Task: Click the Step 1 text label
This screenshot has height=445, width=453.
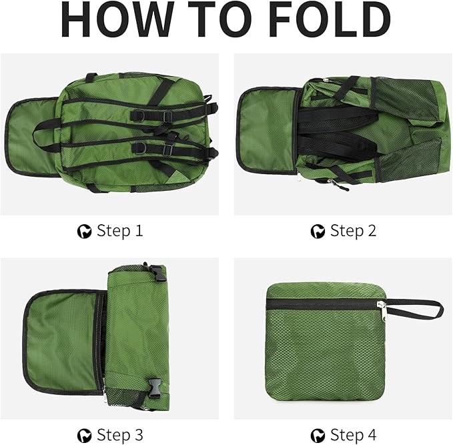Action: (x=120, y=231)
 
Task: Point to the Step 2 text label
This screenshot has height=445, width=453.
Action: (x=353, y=231)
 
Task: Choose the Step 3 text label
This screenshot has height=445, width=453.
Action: (x=120, y=435)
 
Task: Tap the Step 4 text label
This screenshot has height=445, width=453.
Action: (x=353, y=435)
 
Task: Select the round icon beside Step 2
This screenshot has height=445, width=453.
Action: (x=318, y=232)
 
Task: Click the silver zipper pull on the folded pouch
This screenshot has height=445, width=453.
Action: (x=380, y=304)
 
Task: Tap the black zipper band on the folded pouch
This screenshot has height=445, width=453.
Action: (x=320, y=304)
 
